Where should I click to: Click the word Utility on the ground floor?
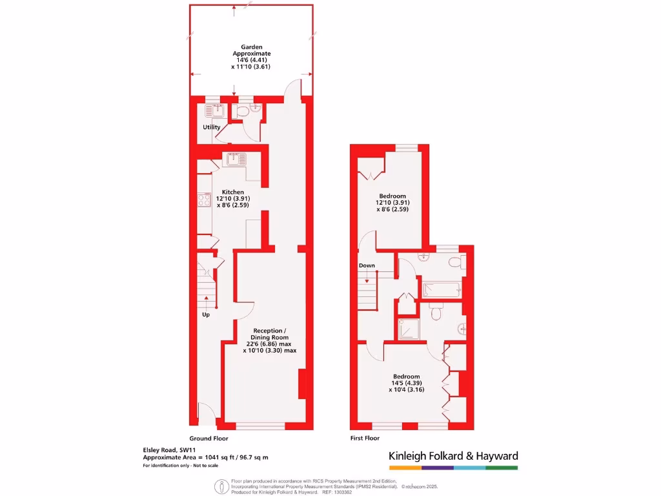tap(212, 127)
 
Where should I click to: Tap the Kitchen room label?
tap(233, 192)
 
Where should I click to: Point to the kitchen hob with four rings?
tap(204, 200)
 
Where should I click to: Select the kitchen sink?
tap(234, 156)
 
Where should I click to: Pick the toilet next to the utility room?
tap(243, 112)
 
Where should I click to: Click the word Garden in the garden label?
tap(252, 46)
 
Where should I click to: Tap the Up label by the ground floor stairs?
tap(206, 315)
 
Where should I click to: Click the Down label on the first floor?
tap(367, 265)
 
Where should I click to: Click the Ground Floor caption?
tap(209, 438)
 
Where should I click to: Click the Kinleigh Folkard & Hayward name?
tap(453, 456)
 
